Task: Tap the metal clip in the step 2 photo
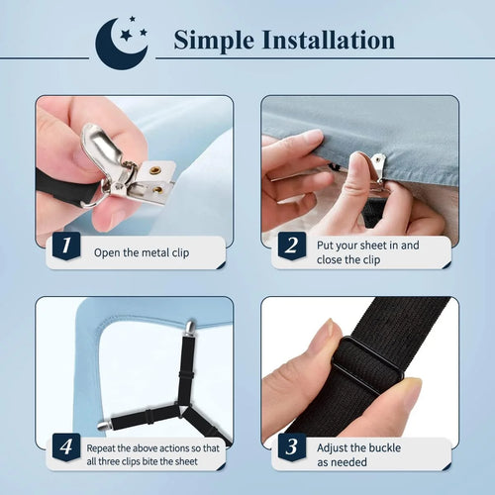coord(379,162)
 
